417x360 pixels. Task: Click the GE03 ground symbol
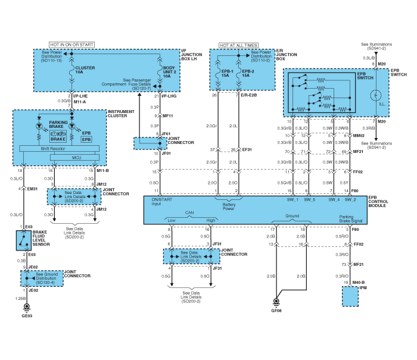coord(26,308)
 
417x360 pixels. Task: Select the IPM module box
coord(350,295)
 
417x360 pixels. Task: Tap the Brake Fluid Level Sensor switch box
coord(24,240)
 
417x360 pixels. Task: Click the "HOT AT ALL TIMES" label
coord(238,45)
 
